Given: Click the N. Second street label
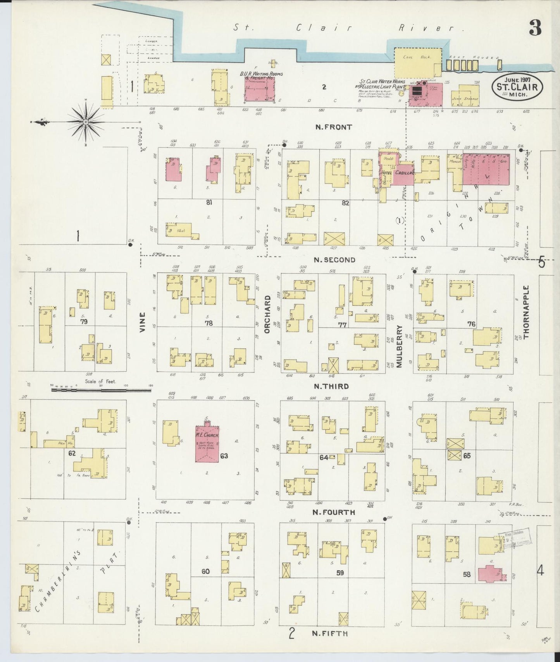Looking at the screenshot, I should tap(334, 260).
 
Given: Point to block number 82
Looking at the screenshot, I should tap(346, 202).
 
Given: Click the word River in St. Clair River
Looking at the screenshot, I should tap(439, 28).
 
